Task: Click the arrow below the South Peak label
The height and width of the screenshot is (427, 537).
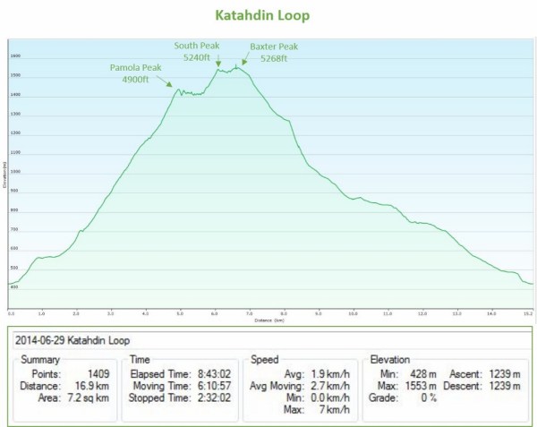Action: tap(217, 64)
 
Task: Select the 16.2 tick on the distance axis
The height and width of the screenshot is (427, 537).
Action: tap(528, 313)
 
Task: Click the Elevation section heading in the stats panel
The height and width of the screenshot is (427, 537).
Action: tap(390, 358)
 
